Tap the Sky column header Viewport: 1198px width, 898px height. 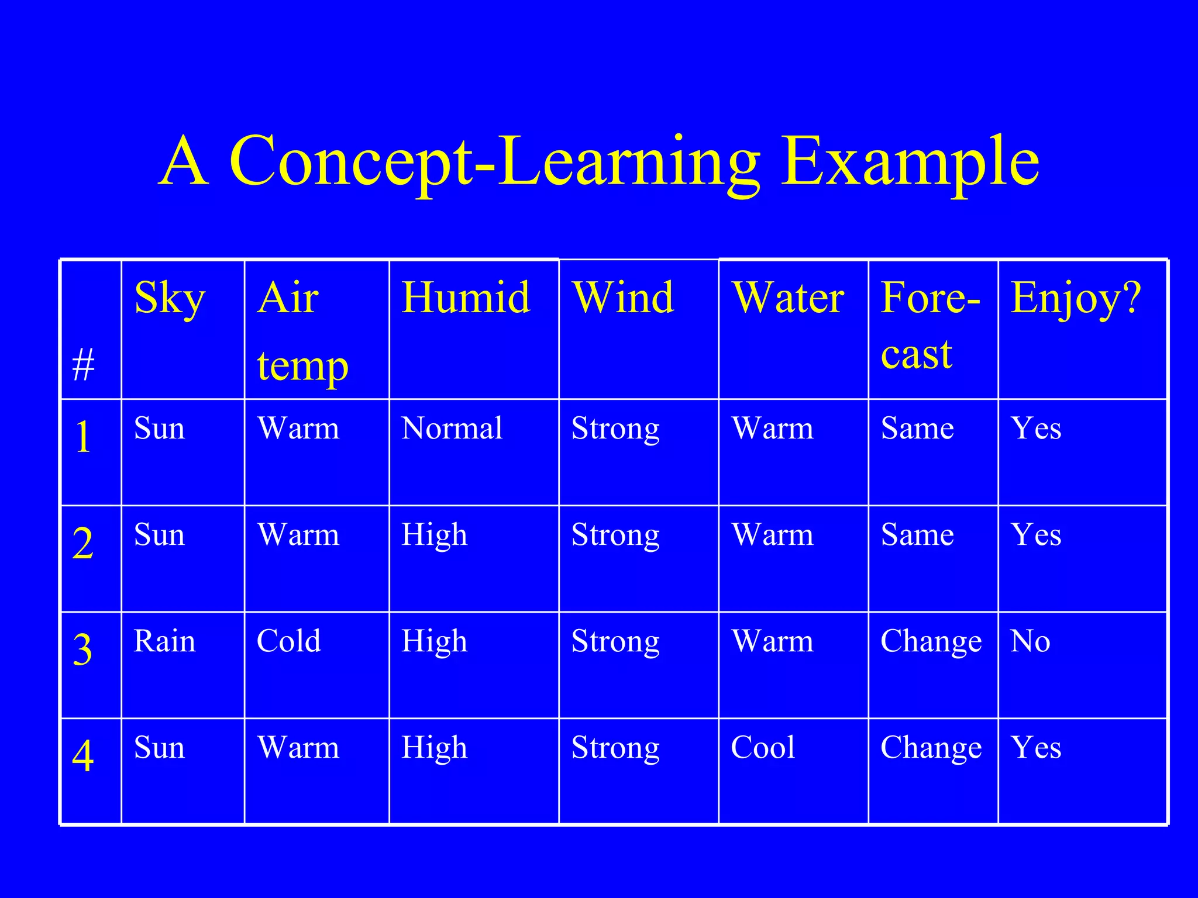coord(170,298)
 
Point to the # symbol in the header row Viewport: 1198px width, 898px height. coord(83,365)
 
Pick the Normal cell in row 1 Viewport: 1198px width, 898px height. coord(452,428)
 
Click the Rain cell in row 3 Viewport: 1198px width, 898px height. coord(164,641)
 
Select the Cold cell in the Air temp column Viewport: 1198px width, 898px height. coord(289,641)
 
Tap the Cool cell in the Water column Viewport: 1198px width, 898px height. coord(763,747)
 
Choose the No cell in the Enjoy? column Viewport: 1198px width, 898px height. coord(1030,641)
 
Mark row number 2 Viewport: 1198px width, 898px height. coord(83,543)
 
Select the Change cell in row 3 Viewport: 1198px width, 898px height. coord(931,642)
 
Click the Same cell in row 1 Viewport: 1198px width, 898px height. coord(917,428)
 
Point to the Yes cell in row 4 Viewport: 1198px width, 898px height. coord(1036,747)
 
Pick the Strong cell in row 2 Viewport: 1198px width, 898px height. coord(615,536)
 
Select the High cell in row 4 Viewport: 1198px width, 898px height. coord(434,747)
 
